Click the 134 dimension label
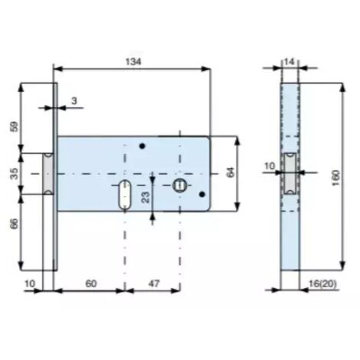point(133,61)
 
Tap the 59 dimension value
point(15,126)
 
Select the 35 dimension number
point(15,173)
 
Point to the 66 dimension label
point(15,224)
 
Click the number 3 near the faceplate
point(74,101)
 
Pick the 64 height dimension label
point(230,172)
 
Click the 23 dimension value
point(146,197)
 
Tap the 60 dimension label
point(91,283)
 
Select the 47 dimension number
point(154,283)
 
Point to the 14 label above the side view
point(290,61)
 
